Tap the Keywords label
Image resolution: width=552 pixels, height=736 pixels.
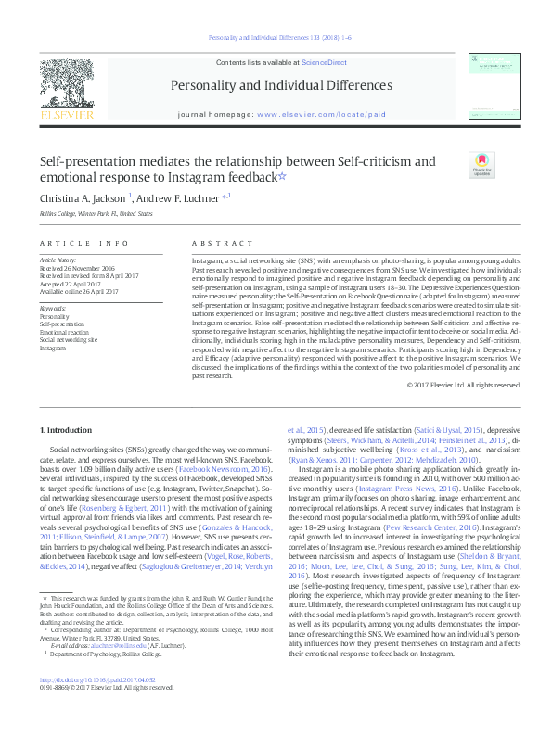(x=53, y=308)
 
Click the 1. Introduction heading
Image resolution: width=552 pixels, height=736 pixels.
(x=69, y=432)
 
